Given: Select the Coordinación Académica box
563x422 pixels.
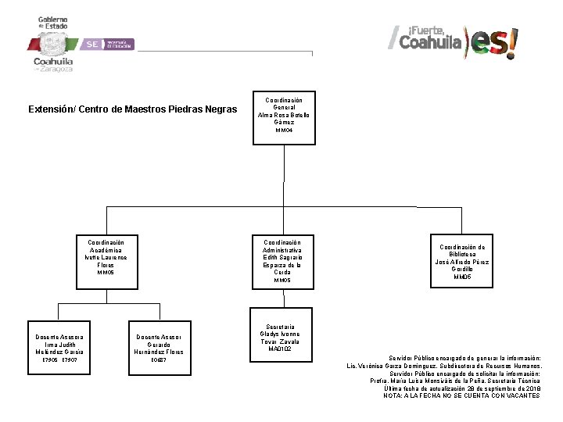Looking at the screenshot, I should [x=106, y=258].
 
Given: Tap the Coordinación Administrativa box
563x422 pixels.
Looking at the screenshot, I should [x=282, y=261].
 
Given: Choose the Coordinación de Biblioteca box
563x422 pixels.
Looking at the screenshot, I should [x=462, y=262].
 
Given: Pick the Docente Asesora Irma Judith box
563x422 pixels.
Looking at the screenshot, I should [x=58, y=345].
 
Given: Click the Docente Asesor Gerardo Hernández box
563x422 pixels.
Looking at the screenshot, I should [x=159, y=345].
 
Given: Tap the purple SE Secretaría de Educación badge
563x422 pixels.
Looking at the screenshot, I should [x=109, y=45].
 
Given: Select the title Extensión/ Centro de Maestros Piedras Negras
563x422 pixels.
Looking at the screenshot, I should [x=132, y=109].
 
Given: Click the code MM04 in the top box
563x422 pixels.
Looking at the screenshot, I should [x=283, y=131].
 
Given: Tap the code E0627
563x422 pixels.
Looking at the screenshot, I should [x=159, y=360].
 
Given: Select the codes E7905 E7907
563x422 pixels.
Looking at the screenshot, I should [x=58, y=360].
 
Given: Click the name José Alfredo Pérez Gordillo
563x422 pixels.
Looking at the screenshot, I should [x=462, y=265].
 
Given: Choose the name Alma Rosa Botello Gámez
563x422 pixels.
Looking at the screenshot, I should [x=283, y=119].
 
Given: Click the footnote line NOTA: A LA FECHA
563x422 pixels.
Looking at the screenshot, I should [x=461, y=395].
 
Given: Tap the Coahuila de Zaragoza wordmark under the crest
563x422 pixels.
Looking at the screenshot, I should [x=53, y=64].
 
